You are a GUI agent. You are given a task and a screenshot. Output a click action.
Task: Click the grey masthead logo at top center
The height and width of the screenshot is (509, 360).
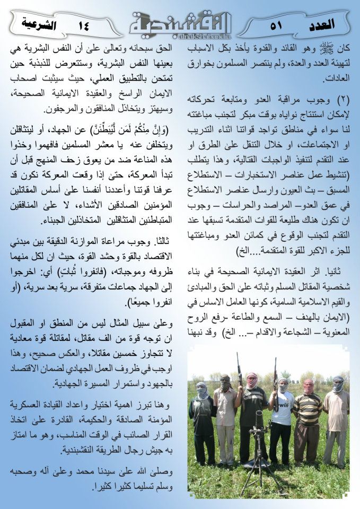(181, 21)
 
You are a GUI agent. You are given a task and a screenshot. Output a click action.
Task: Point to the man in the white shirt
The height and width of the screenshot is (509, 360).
(282, 419)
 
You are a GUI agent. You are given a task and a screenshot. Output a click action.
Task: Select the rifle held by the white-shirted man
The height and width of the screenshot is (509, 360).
(275, 382)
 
